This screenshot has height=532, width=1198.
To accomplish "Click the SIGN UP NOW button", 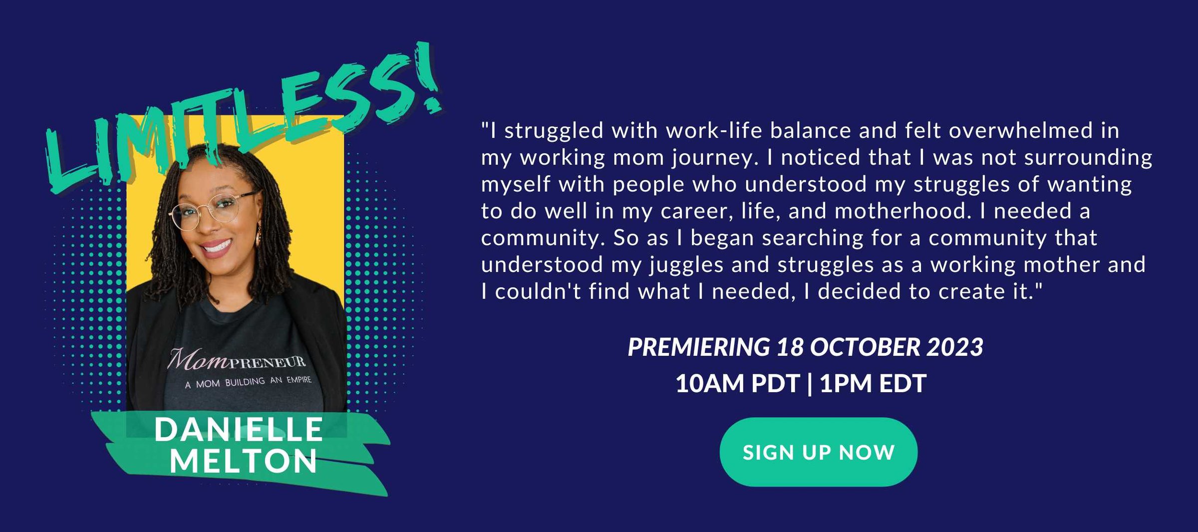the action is pos(818,452).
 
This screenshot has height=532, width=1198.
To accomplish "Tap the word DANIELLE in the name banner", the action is pos(239,430).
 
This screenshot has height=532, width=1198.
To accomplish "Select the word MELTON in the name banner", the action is pos(244,461).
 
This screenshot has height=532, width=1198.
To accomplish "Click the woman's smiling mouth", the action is pos(216,247).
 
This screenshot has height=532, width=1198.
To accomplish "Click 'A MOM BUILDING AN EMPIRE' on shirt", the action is pos(248,382).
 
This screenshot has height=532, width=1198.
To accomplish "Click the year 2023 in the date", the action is pos(955,347).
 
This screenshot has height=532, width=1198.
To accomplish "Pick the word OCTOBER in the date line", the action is pos(865,347).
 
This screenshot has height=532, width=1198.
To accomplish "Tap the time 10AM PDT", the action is pos(737,384).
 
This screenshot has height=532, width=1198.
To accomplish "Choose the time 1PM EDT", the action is pos(873,384).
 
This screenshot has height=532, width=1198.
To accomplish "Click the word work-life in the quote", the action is pos(714,131).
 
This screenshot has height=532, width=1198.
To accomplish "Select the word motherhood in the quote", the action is pos(903,211).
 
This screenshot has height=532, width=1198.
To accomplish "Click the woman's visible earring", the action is pos(258,235).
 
